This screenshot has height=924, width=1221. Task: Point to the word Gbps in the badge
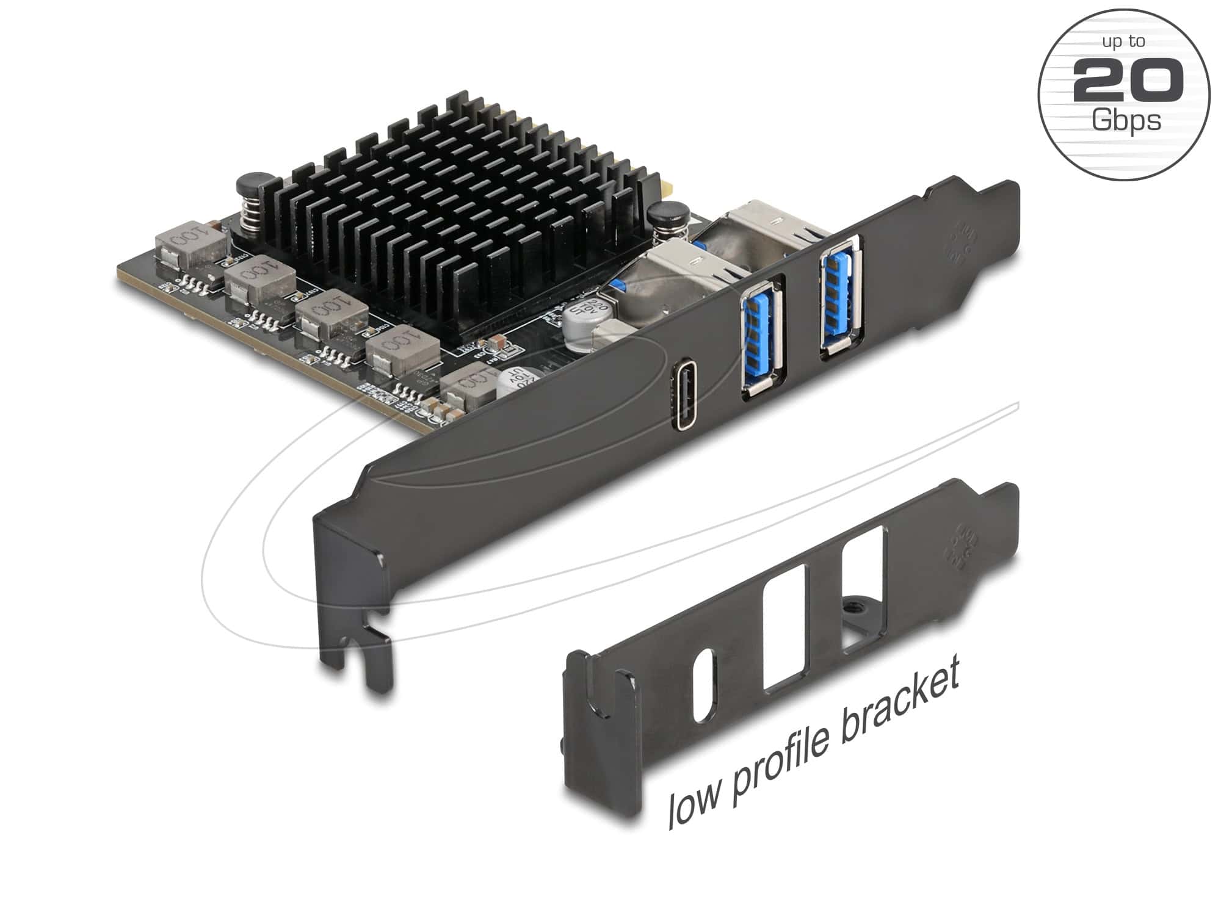click(x=1126, y=120)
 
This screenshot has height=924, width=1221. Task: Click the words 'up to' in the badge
click(x=1123, y=42)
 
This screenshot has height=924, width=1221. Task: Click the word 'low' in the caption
click(x=696, y=804)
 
